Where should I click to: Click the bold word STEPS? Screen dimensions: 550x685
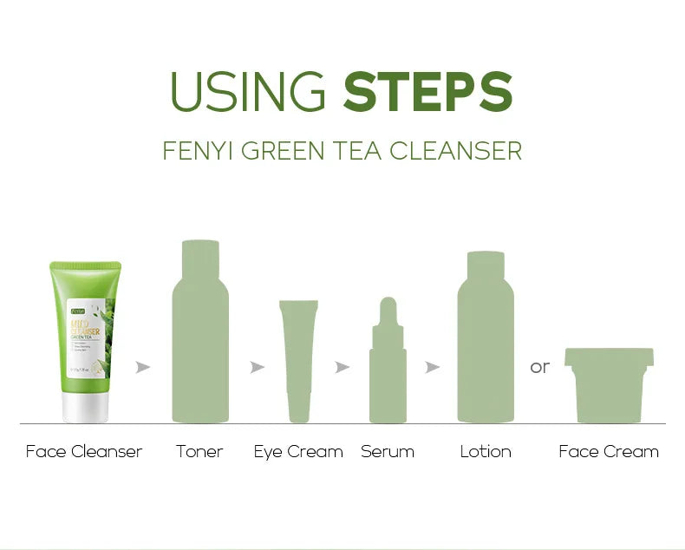click(428, 91)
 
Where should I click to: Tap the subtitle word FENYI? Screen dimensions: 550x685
click(198, 151)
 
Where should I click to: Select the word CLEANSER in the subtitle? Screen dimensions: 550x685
click(455, 151)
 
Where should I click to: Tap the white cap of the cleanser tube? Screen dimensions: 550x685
click(85, 404)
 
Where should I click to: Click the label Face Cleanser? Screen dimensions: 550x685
click(84, 452)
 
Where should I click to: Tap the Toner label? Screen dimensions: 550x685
click(199, 452)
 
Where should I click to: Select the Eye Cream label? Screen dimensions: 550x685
click(298, 452)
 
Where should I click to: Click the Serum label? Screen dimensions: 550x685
click(387, 452)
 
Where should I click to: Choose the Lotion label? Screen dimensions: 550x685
click(486, 452)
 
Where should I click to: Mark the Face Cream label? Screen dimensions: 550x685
click(609, 452)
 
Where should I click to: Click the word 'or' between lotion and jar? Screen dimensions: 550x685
click(540, 368)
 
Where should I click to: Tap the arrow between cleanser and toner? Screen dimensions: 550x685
click(143, 368)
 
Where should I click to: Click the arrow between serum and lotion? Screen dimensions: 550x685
click(433, 368)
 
